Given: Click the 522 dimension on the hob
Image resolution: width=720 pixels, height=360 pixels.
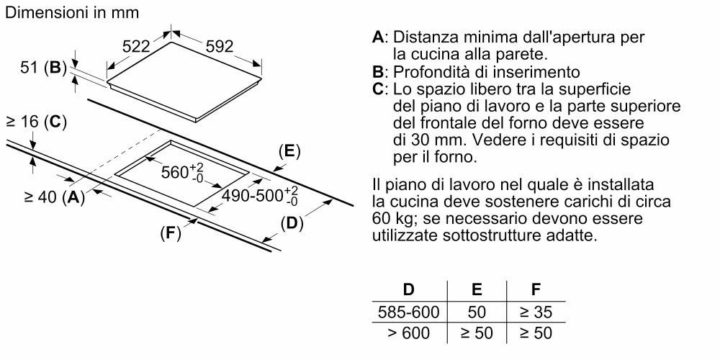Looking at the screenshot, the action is [136, 46].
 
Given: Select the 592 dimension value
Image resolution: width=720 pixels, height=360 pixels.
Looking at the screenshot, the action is [220, 46].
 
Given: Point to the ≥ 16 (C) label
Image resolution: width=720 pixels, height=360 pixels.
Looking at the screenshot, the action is [36, 122].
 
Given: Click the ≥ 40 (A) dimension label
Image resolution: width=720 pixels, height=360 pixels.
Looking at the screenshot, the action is [55, 197].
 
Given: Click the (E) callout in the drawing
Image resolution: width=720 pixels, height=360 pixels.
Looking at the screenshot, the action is [289, 151].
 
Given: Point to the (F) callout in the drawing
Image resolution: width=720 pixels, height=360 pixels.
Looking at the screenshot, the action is [171, 234].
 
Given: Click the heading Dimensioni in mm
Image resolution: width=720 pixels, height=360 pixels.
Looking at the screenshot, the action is [72, 12].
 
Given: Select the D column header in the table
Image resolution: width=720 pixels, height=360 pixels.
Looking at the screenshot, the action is [408, 289].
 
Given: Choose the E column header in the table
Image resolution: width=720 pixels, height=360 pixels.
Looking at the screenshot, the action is [477, 289].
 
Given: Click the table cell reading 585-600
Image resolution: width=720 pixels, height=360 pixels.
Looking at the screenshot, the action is [409, 312].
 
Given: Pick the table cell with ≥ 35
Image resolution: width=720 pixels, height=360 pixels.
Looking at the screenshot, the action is [536, 312].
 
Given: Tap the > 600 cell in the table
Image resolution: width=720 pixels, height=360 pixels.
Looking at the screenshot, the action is [409, 333].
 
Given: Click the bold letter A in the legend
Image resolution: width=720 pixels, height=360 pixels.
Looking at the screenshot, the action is [378, 37].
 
